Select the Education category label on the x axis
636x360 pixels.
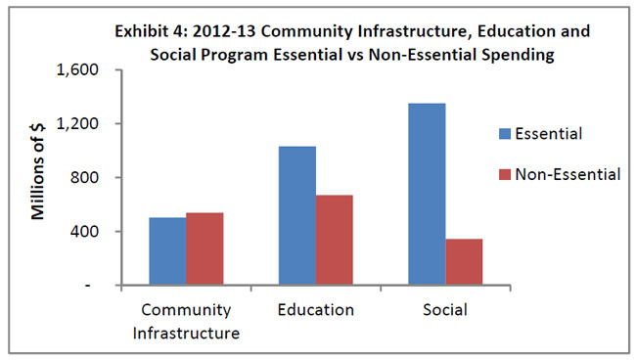(x=315, y=310)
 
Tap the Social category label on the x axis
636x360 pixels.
(x=445, y=310)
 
